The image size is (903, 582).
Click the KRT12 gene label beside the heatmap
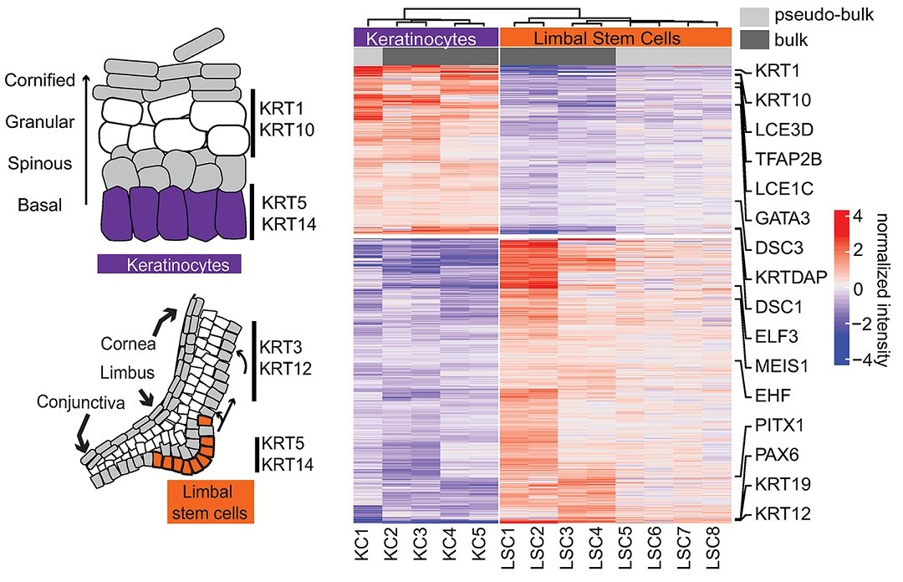click(x=783, y=513)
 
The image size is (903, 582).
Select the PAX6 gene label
click(x=777, y=455)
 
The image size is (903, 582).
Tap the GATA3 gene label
click(x=783, y=218)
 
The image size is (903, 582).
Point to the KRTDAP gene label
click(x=791, y=277)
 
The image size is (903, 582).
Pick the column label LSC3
click(x=567, y=551)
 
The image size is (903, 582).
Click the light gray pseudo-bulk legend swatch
click(x=754, y=16)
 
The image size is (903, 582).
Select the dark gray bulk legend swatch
click(x=754, y=40)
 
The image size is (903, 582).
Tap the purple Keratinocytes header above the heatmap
click(x=426, y=38)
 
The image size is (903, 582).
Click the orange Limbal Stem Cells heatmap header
click(x=615, y=38)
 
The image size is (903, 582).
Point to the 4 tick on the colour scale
click(x=858, y=217)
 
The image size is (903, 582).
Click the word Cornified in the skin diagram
click(x=40, y=80)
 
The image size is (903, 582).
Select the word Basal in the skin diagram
click(x=40, y=205)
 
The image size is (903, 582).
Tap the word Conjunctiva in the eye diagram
click(x=80, y=401)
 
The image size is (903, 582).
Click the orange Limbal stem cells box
click(x=210, y=502)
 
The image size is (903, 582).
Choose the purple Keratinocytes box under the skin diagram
click(x=169, y=264)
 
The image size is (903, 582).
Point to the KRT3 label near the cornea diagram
click(x=281, y=348)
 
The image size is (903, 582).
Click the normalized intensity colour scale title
click(x=882, y=289)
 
